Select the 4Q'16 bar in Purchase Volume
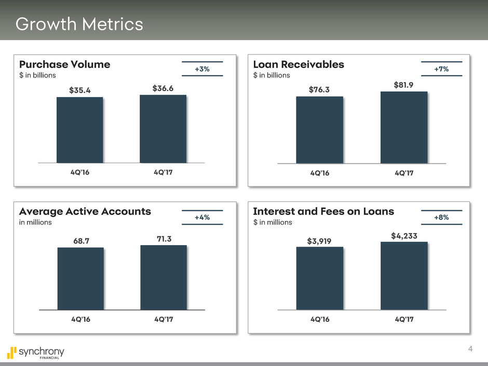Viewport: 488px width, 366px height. tap(79, 130)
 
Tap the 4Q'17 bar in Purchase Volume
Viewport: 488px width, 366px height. tap(163, 129)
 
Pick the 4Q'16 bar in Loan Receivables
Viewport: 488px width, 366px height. tap(319, 130)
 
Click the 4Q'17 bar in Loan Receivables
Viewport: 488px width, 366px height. tap(403, 128)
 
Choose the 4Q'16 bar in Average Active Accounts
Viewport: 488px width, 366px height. tap(80, 278)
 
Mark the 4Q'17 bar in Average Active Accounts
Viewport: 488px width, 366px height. tap(164, 277)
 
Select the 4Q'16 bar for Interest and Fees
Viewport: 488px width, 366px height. tap(319, 278)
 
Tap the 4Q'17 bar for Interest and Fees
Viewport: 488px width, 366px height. tap(403, 276)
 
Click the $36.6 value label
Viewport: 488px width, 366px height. tap(163, 89)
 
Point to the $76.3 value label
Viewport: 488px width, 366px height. tap(319, 90)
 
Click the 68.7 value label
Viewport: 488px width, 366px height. tap(80, 239)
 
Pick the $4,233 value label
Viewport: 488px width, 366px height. tap(404, 236)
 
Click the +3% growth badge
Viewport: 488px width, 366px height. tap(202, 69)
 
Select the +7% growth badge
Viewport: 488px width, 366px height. tap(441, 69)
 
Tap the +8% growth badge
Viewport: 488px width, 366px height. tap(441, 218)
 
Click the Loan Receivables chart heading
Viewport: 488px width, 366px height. tap(299, 64)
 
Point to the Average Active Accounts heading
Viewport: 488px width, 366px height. tap(85, 211)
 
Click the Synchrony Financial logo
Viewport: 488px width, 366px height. tap(36, 353)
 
